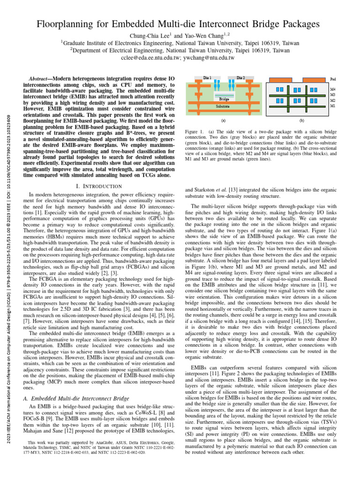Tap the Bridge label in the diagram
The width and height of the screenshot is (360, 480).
[225, 99]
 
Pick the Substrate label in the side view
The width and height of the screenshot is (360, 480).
[222, 107]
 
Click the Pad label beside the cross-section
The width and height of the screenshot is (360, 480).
[333, 80]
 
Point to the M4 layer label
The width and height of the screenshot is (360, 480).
[333, 89]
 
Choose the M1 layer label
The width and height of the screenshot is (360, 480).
[333, 106]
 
